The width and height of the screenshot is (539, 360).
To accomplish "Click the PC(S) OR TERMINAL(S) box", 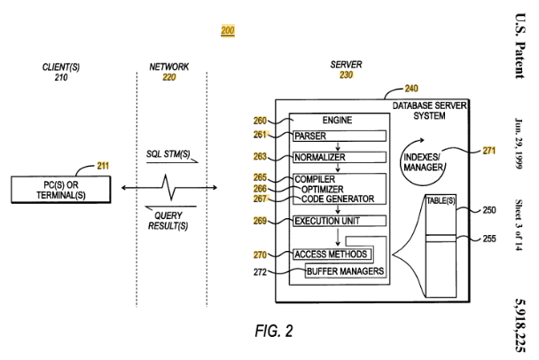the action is click(x=61, y=190).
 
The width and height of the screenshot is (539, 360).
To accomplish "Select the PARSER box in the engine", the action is click(x=340, y=136).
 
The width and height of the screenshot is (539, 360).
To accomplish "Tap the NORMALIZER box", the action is click(x=340, y=157).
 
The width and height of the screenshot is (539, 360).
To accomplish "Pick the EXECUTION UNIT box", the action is click(x=340, y=221).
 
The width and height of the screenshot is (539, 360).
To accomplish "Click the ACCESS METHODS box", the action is click(x=332, y=254).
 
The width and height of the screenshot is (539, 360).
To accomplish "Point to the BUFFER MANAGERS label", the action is click(x=345, y=271).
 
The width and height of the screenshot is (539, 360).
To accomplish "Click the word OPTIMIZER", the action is click(x=322, y=189).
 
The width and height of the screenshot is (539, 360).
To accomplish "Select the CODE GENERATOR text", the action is click(x=338, y=199).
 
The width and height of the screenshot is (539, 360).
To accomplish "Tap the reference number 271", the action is click(x=488, y=151).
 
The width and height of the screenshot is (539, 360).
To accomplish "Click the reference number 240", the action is click(x=411, y=89).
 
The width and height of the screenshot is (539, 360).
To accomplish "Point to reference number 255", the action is click(x=489, y=239).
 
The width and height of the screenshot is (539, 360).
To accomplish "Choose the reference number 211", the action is click(x=103, y=166).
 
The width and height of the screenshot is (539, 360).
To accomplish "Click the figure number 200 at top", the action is click(x=228, y=31).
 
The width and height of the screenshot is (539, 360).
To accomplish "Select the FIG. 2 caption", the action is click(x=274, y=331).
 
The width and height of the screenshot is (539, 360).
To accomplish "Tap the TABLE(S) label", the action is click(x=441, y=200).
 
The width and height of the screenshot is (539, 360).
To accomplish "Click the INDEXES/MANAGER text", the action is click(x=423, y=162).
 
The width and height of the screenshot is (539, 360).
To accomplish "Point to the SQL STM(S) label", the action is click(x=168, y=153).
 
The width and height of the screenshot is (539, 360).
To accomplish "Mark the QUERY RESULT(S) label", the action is click(x=168, y=221).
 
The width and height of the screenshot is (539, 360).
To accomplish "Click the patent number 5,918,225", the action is click(x=519, y=325).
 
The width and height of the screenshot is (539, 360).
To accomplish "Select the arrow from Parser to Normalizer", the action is click(x=338, y=146).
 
